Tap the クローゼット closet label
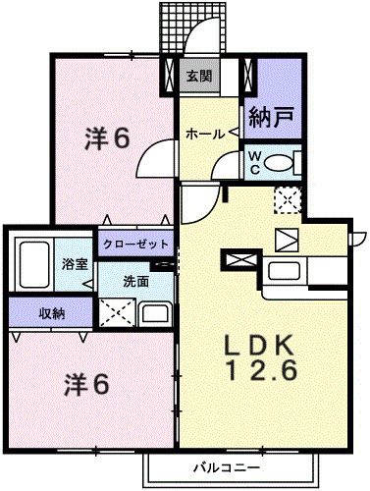pyautogui.click(x=134, y=244)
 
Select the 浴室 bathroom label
pyautogui.click(x=74, y=265)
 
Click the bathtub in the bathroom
pyautogui.click(x=36, y=263)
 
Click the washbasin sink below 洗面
pyautogui.click(x=155, y=314)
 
